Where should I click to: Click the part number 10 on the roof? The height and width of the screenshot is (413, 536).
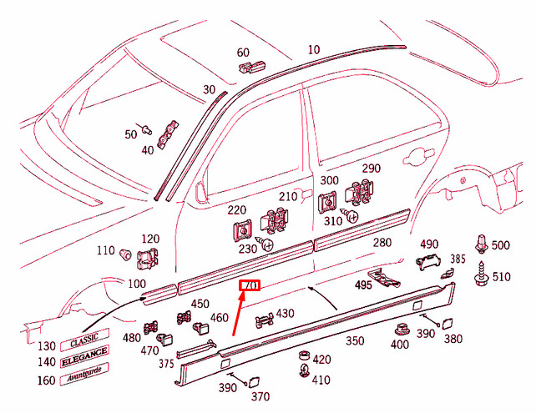pyautogui.click(x=313, y=50)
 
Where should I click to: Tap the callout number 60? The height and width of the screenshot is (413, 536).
pyautogui.click(x=243, y=52)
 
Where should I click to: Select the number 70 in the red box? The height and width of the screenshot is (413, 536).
pyautogui.click(x=250, y=286)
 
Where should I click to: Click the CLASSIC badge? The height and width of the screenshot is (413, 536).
pyautogui.click(x=83, y=342)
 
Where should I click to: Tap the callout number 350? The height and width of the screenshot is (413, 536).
pyautogui.click(x=356, y=340)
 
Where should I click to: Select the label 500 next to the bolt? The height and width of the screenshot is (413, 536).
pyautogui.click(x=500, y=244)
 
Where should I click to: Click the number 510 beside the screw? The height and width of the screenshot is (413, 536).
pyautogui.click(x=501, y=277)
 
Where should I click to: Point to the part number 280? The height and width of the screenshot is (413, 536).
pyautogui.click(x=382, y=243)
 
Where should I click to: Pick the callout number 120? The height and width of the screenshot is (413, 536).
pyautogui.click(x=149, y=239)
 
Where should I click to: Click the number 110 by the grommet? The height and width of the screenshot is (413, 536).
pyautogui.click(x=106, y=250)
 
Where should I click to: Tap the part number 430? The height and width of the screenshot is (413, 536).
pyautogui.click(x=285, y=313)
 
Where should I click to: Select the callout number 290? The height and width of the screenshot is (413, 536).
pyautogui.click(x=371, y=169)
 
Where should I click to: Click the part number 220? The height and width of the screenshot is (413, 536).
pyautogui.click(x=236, y=210)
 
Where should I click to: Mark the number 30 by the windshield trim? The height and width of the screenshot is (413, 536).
pyautogui.click(x=209, y=89)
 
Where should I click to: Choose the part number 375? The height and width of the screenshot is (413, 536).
pyautogui.click(x=166, y=363)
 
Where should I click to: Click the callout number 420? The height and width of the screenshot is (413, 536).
pyautogui.click(x=321, y=360)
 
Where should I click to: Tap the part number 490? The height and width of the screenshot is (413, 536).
pyautogui.click(x=428, y=244)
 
